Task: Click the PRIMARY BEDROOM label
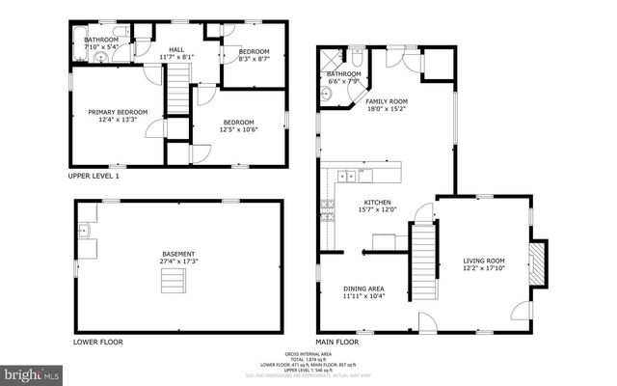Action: click(x=118, y=113)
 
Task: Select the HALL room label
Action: click(x=176, y=49)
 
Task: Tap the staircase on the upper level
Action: click(x=176, y=97)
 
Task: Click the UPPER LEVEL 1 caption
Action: click(x=94, y=177)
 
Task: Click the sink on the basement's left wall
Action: click(x=85, y=231)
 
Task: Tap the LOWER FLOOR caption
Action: click(x=97, y=342)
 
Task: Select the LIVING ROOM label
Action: click(x=484, y=261)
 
